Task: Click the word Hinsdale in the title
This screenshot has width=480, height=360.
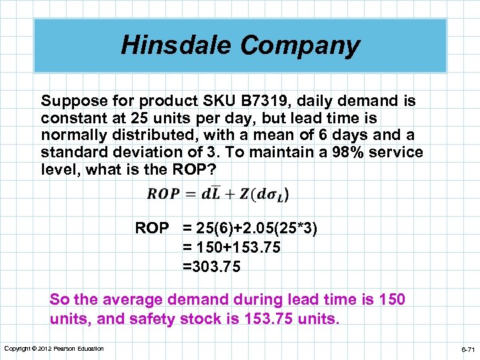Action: [x=176, y=45]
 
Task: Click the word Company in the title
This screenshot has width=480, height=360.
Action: [x=300, y=45]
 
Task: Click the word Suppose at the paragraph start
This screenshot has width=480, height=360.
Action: [x=67, y=101]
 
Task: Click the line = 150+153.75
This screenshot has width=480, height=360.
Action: [x=231, y=248]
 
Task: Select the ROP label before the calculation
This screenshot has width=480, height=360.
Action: [x=152, y=229]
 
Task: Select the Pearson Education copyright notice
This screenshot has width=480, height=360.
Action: [x=54, y=349]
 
